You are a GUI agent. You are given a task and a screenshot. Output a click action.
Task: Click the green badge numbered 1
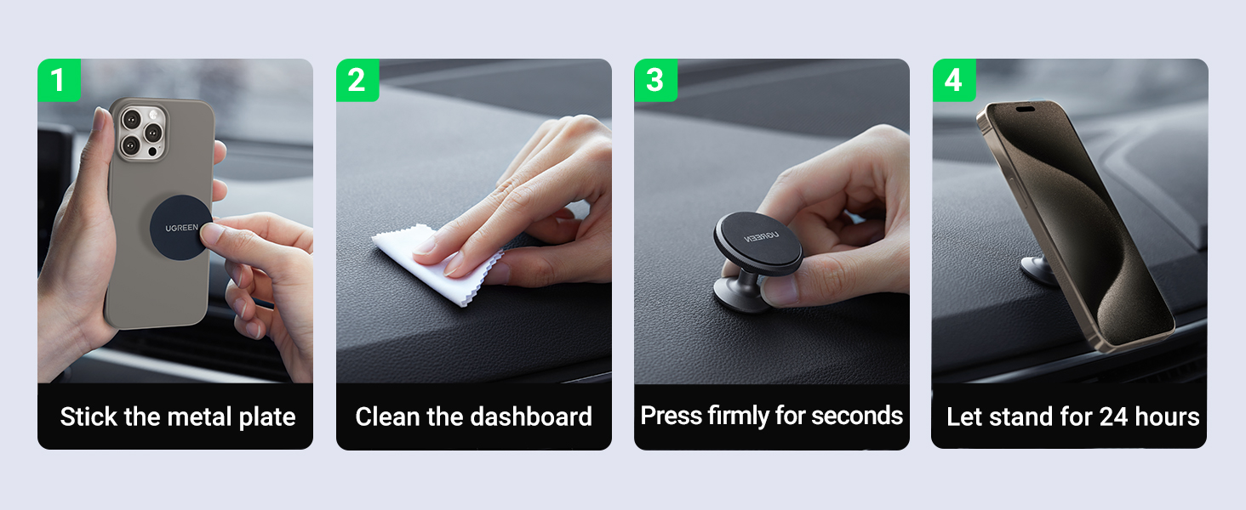[59, 80]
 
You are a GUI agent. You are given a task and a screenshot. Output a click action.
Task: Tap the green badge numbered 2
[357, 80]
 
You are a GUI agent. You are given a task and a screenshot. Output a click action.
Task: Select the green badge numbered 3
[656, 80]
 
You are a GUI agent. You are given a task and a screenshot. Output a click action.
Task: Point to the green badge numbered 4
[954, 80]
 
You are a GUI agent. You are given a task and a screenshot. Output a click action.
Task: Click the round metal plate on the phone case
[180, 228]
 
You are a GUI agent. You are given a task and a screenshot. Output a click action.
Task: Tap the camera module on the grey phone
[141, 133]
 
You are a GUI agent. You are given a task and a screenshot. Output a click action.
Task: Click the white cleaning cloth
[436, 263]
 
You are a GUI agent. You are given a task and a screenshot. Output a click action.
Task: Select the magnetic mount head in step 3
[758, 243]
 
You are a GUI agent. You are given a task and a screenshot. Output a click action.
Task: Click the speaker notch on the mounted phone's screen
[1025, 109]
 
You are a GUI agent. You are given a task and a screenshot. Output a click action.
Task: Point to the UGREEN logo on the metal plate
[182, 228]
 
